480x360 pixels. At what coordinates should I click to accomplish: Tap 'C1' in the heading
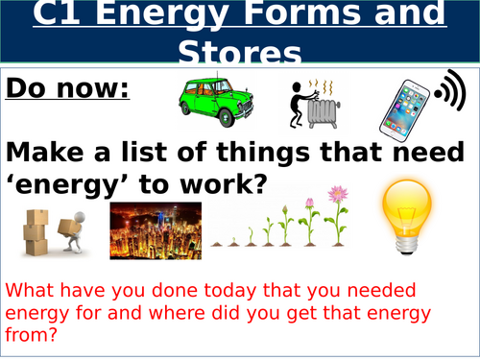[x=56, y=17]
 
